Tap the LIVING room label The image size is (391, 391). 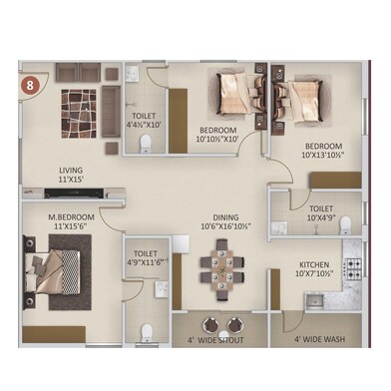(x=70, y=171)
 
